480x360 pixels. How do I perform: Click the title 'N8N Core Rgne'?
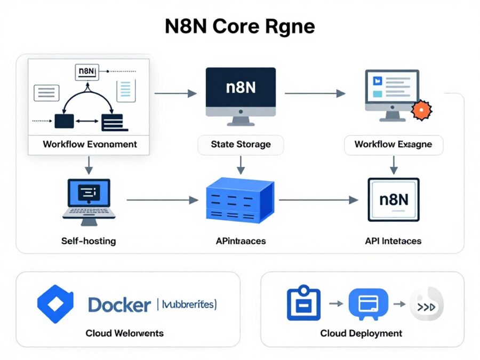click(x=239, y=27)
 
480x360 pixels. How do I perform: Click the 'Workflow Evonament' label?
click(x=90, y=144)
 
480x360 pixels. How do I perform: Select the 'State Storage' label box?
click(x=241, y=144)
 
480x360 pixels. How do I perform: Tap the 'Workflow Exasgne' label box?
click(x=393, y=144)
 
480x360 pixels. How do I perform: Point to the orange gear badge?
click(x=422, y=109)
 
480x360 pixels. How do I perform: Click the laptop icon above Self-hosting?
click(x=89, y=198)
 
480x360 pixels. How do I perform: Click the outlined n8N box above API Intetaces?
click(x=394, y=200)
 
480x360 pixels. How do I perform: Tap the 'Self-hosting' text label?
click(x=89, y=241)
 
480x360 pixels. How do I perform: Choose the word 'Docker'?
click(x=119, y=305)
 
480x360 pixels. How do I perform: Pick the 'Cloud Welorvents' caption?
click(x=124, y=333)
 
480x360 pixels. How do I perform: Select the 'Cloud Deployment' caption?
click(x=361, y=333)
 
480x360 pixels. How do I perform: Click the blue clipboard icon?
click(x=303, y=304)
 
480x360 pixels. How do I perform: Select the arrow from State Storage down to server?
click(x=241, y=165)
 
